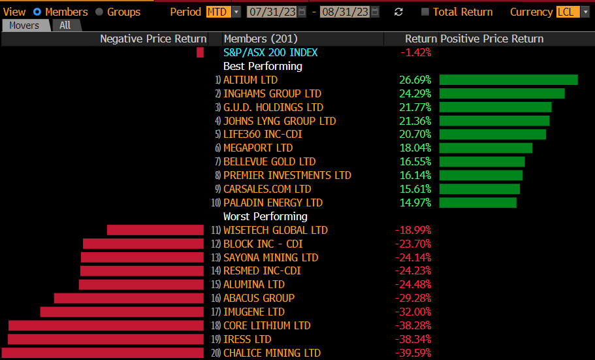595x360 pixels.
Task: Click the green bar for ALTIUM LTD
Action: click(x=508, y=80)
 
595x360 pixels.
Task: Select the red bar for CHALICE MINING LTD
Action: click(x=103, y=353)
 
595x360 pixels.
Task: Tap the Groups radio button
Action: click(x=99, y=12)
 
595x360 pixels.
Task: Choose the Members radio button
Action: click(x=37, y=12)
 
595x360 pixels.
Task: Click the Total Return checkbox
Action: click(x=426, y=12)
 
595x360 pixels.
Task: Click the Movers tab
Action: click(x=25, y=25)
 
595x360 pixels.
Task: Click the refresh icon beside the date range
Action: click(x=399, y=12)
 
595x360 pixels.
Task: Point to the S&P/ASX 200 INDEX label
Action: click(x=270, y=52)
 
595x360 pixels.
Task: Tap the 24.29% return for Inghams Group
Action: click(x=415, y=93)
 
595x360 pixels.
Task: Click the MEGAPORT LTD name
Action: click(x=258, y=148)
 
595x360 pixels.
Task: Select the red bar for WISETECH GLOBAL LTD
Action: click(x=155, y=230)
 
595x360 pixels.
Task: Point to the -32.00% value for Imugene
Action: click(x=413, y=312)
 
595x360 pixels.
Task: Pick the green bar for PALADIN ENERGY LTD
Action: click(x=477, y=203)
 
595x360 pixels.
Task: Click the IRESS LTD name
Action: click(x=247, y=339)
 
